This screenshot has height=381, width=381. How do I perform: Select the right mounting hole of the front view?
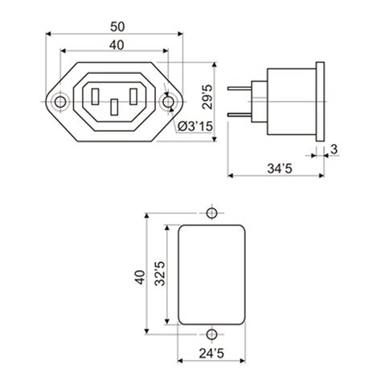tap(168, 102)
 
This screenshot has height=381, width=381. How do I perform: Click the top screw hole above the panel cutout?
tap(211, 214)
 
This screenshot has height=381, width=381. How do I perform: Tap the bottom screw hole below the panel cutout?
tap(211, 334)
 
